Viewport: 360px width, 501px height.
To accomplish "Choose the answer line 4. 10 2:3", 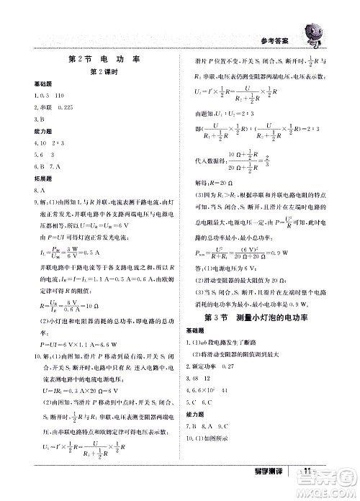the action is [x=42, y=143].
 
